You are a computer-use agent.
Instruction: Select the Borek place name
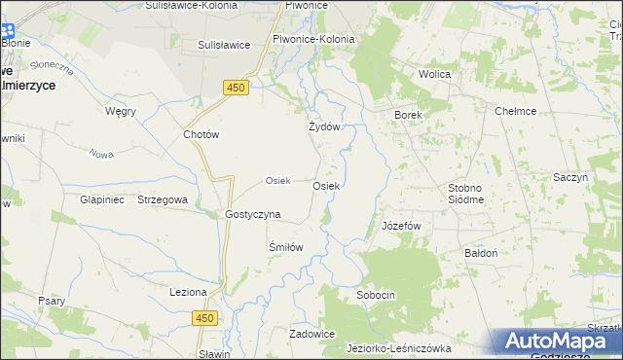408,115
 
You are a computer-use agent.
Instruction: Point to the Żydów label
324,126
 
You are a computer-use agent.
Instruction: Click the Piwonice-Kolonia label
313,39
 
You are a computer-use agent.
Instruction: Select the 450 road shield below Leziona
202,318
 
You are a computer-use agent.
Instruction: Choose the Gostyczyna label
253,214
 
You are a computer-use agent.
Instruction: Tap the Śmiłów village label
286,247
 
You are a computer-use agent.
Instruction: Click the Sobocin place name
376,294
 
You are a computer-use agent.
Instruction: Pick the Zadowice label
312,334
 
